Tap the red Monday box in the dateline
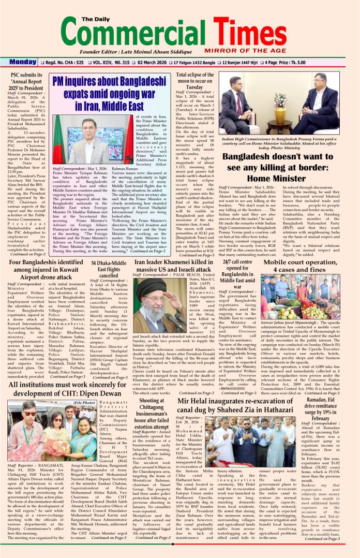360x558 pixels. (x=22, y=62)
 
